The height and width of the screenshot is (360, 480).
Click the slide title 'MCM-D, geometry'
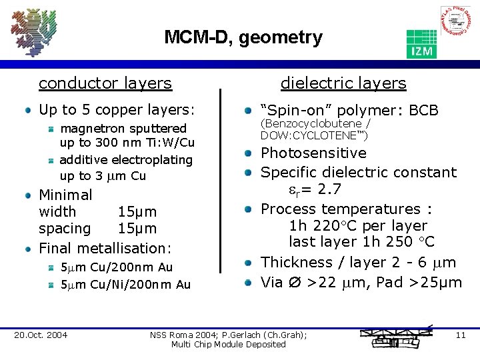tap(243, 37)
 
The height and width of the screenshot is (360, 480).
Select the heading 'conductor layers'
tap(105, 83)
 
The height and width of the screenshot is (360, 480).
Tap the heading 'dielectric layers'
tap(343, 83)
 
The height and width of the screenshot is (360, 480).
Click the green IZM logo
tap(421, 44)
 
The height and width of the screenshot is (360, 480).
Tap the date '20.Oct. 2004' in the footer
tap(41, 335)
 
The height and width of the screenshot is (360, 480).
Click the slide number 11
tap(460, 335)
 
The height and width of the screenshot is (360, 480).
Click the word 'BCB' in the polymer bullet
tap(423, 110)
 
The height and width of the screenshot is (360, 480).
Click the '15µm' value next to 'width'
tap(137, 212)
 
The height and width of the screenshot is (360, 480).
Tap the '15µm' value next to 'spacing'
tap(137, 229)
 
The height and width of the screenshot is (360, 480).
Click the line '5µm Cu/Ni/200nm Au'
tap(125, 285)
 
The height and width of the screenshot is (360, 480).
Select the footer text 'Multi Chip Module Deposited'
tap(228, 344)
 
